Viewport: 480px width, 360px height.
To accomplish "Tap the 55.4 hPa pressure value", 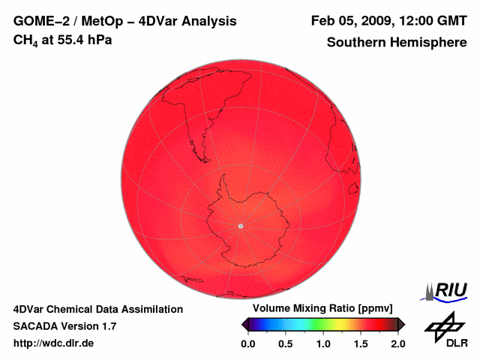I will tap(82, 39).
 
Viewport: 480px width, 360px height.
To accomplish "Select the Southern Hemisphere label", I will tap(397, 43).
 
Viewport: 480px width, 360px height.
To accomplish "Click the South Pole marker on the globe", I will tap(240, 226).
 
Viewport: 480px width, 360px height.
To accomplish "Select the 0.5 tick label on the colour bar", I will tap(285, 343).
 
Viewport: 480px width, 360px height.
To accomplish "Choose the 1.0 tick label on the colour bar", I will tap(322, 343).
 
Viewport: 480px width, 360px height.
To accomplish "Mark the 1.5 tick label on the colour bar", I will tap(361, 343).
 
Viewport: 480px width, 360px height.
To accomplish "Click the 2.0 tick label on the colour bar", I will tap(397, 343).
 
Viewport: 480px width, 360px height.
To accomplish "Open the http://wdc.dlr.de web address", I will tap(54, 343).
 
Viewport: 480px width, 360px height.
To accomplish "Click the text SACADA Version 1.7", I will tap(64, 326).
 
